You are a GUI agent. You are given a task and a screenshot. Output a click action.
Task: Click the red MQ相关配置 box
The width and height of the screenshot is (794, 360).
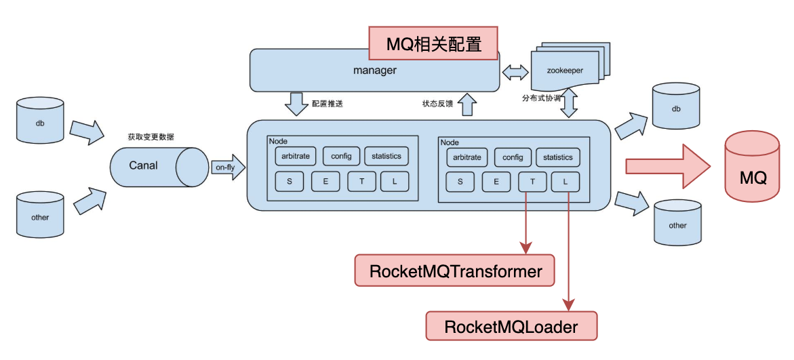click(433, 44)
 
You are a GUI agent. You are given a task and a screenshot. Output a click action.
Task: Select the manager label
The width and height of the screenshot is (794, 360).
click(374, 70)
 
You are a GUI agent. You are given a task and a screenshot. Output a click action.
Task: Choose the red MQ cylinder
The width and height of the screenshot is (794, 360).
click(753, 169)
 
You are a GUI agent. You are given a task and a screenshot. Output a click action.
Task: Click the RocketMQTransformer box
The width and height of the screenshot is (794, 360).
click(455, 271)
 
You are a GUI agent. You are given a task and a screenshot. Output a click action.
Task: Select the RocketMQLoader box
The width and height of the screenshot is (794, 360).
click(511, 327)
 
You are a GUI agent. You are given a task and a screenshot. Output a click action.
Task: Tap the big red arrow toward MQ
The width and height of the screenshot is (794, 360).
click(667, 166)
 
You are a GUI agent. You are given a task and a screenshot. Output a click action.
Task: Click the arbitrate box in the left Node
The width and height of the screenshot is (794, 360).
click(296, 156)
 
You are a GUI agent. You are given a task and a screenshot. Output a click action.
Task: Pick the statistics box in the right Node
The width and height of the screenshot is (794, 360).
click(557, 157)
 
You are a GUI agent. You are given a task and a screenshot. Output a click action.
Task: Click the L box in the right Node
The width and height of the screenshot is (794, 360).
click(565, 182)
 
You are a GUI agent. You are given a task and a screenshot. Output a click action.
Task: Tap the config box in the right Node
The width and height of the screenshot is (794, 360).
click(513, 157)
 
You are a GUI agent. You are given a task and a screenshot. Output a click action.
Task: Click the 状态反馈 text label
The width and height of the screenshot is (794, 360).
click(437, 104)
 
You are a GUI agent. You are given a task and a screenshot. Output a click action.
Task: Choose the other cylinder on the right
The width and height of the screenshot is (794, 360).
click(677, 224)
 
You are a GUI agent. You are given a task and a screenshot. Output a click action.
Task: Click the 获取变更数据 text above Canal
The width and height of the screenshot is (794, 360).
click(151, 137)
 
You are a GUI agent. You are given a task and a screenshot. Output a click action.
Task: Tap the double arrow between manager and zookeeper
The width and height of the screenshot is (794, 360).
click(515, 71)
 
